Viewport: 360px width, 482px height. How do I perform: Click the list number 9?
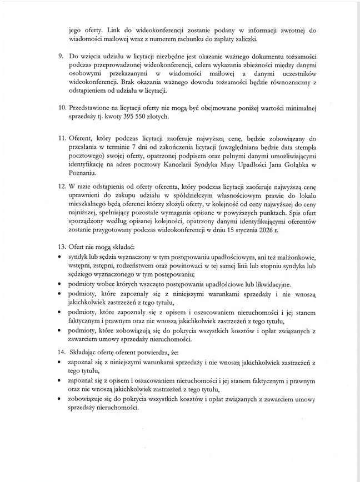(61, 57)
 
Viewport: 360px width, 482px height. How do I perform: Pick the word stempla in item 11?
(291, 149)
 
